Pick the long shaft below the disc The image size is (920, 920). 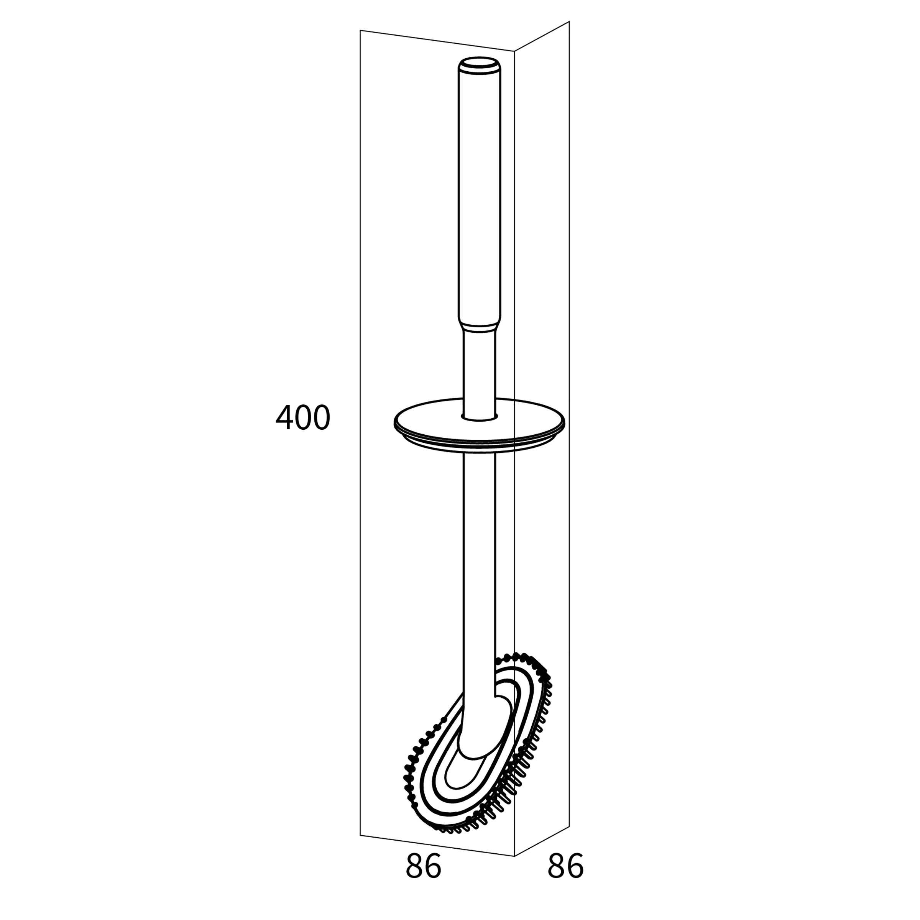pyautogui.click(x=480, y=572)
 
